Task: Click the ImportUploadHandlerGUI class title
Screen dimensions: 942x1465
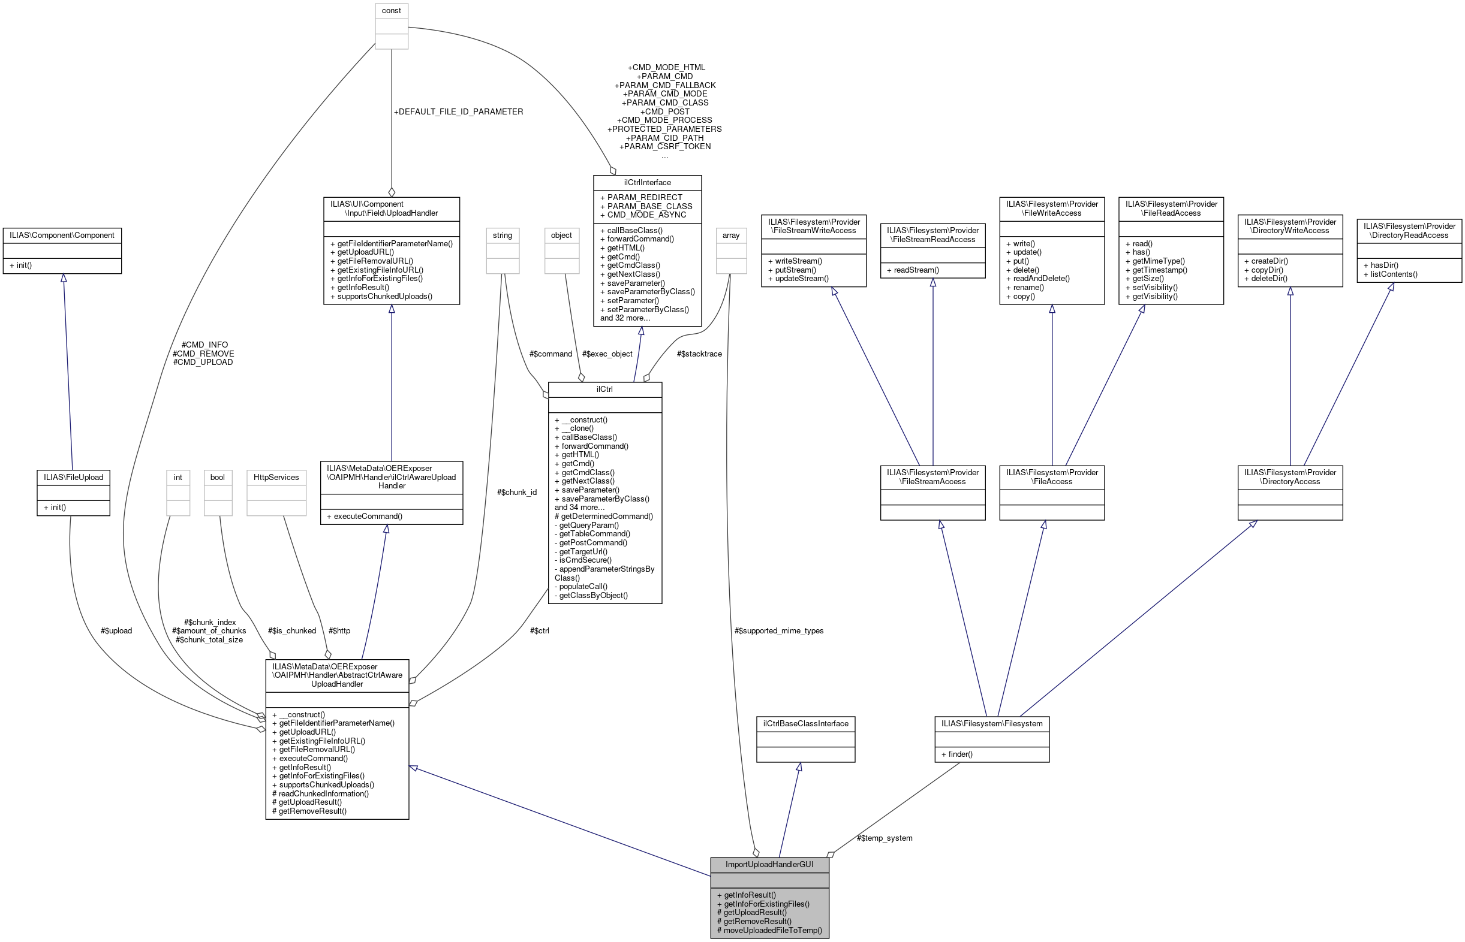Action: (x=769, y=864)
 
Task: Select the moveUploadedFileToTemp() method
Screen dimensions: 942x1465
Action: (x=772, y=931)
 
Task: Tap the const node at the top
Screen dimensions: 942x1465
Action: (x=391, y=11)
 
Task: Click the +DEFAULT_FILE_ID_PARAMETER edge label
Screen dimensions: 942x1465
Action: (x=458, y=112)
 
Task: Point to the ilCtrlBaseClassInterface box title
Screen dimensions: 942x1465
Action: (x=805, y=724)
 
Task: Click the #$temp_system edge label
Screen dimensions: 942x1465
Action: (x=884, y=838)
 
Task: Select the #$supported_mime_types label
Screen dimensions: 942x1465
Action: (x=778, y=630)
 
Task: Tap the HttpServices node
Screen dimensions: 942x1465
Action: (x=276, y=477)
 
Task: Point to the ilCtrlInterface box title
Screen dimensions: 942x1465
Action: (x=647, y=183)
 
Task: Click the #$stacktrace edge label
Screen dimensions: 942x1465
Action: (x=699, y=354)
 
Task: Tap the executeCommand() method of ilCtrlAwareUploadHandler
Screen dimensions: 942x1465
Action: (x=364, y=517)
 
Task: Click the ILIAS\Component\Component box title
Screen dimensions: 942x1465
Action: (x=62, y=236)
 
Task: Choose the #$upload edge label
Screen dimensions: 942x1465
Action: (x=116, y=630)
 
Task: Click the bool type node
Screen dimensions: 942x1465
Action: (x=217, y=477)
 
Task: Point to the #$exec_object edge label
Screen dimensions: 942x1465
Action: (x=607, y=354)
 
